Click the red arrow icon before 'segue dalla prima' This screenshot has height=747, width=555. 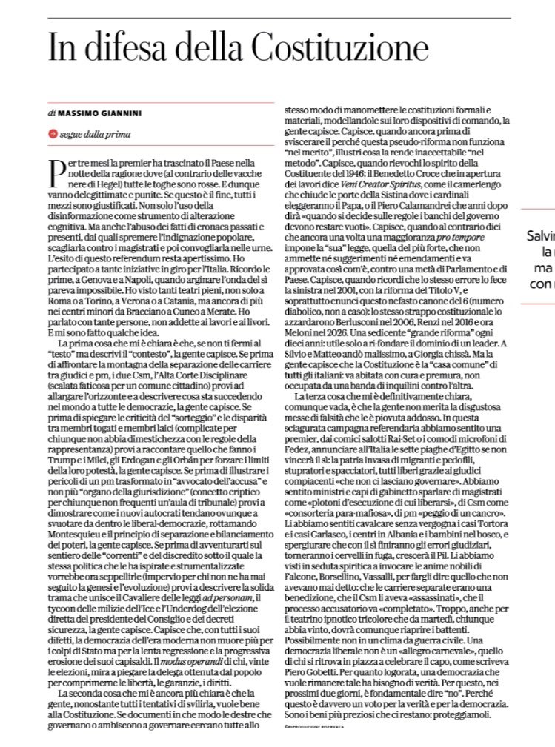[x=52, y=134]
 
